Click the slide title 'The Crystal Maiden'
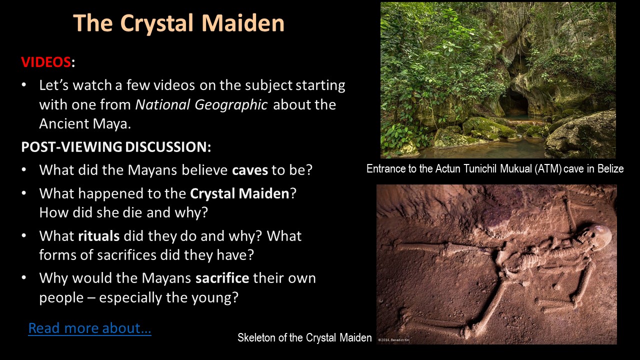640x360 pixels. pyautogui.click(x=179, y=23)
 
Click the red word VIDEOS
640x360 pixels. pyautogui.click(x=45, y=61)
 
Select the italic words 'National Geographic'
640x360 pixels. pyautogui.click(x=201, y=104)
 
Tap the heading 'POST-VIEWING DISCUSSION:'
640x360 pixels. pyautogui.click(x=116, y=147)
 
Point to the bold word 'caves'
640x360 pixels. pyautogui.click(x=250, y=170)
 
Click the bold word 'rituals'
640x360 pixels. pyautogui.click(x=99, y=236)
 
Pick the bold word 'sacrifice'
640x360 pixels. pyautogui.click(x=222, y=278)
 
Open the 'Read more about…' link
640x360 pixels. pyautogui.click(x=89, y=328)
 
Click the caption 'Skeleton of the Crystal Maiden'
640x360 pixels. pyautogui.click(x=304, y=337)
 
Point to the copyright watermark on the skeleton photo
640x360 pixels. pyautogui.click(x=393, y=340)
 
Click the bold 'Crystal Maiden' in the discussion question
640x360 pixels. pyautogui.click(x=239, y=193)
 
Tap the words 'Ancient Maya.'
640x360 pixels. pyautogui.click(x=85, y=124)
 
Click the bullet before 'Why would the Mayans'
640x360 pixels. pyautogui.click(x=24, y=277)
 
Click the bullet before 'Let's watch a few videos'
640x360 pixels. pyautogui.click(x=24, y=84)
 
